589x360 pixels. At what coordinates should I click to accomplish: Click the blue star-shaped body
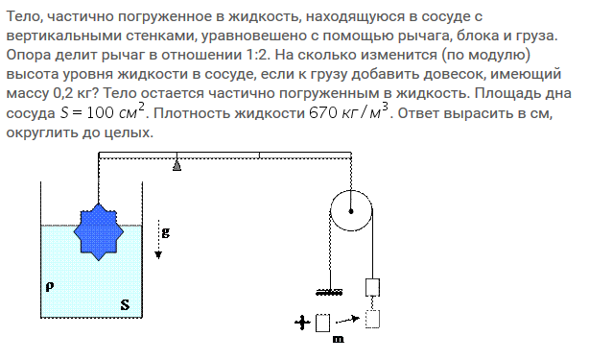coord(99,232)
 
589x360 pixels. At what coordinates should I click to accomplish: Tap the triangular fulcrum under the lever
coord(177,165)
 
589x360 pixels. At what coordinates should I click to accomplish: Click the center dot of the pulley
coord(351,211)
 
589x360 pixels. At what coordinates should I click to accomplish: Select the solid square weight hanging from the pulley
coord(372,287)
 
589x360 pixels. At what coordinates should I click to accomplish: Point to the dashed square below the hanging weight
coord(372,319)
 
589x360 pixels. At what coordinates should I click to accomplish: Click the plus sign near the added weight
coord(302,323)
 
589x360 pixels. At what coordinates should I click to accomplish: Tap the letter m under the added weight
coord(338,339)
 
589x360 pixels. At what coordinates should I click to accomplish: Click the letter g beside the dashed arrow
coord(166,232)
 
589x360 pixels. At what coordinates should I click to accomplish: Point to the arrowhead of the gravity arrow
coord(158,254)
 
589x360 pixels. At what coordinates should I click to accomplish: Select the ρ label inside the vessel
coord(50,287)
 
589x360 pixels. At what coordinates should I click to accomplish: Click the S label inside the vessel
coord(125,304)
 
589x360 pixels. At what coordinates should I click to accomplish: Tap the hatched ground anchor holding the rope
coord(329,292)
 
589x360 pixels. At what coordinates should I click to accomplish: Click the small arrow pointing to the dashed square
coord(347,320)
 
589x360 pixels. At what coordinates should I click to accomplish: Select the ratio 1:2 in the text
coord(258,55)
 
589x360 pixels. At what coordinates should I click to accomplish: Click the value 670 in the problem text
coord(323,112)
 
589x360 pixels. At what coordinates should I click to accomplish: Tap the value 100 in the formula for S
coord(101,112)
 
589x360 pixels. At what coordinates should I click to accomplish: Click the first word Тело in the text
coord(24,17)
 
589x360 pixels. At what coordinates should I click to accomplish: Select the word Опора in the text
coord(29,56)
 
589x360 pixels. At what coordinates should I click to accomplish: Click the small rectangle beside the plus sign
coord(322,323)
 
